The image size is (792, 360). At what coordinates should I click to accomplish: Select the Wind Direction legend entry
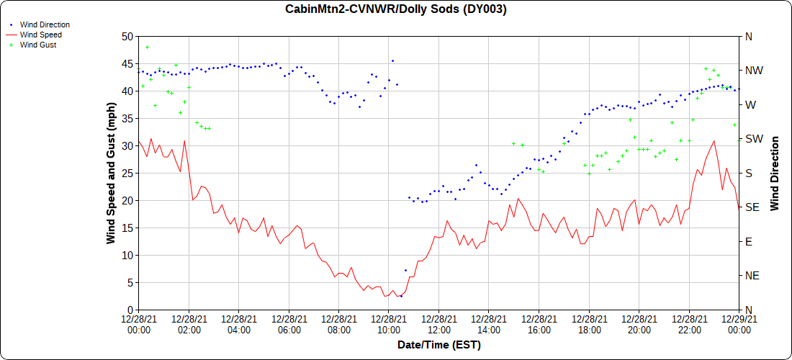[45, 24]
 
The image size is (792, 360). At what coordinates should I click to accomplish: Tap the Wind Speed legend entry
[40, 35]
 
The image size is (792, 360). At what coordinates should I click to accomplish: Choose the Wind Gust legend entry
[38, 45]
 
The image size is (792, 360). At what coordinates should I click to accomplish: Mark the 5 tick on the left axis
[130, 282]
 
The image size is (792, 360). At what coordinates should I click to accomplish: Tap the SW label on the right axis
[752, 139]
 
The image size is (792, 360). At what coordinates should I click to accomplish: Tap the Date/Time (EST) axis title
[439, 345]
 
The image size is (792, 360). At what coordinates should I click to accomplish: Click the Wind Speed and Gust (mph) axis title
[111, 173]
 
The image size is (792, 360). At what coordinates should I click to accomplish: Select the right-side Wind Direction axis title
[775, 173]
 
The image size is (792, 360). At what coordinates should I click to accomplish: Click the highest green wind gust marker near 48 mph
[148, 48]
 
